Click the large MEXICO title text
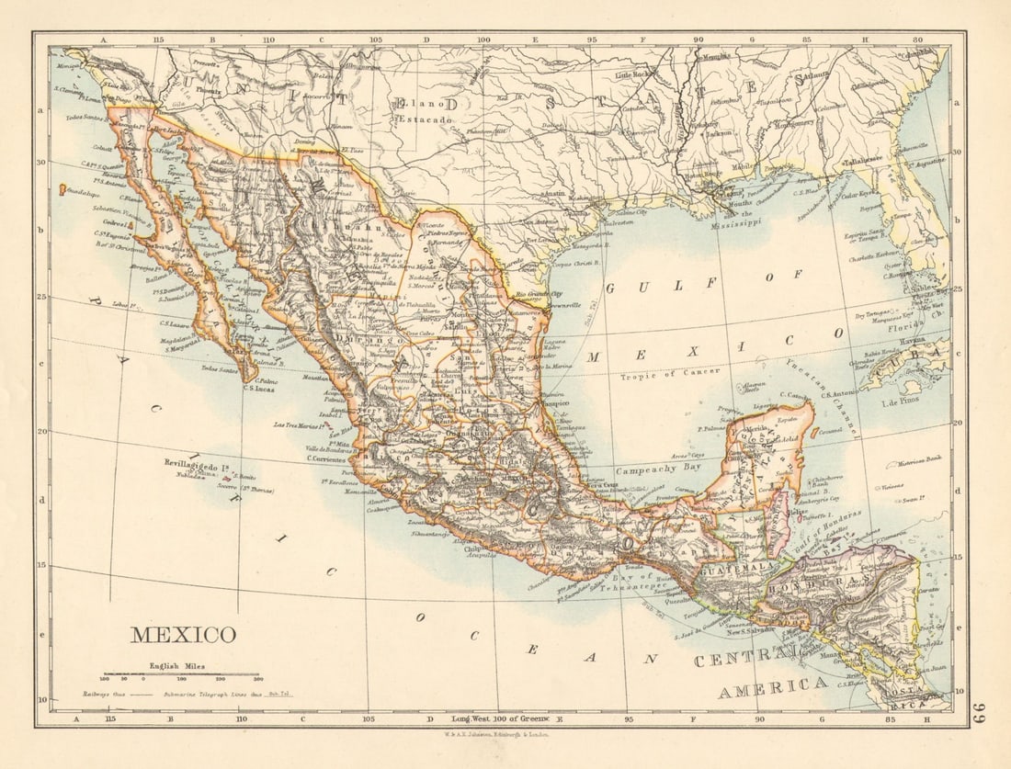click(183, 635)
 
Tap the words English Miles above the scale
click(178, 665)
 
